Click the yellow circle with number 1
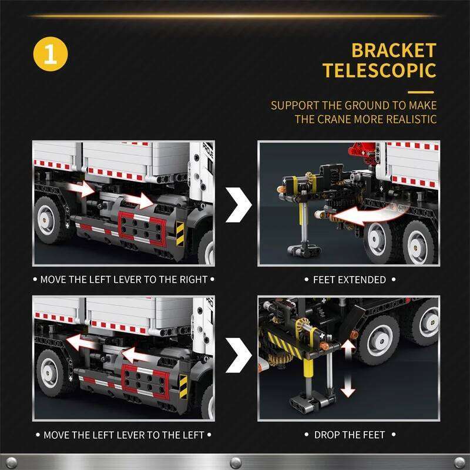pos(51,54)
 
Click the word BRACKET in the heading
pos(394,50)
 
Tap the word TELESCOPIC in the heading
pos(380,70)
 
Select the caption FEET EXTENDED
pos(350,280)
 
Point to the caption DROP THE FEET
pos(350,435)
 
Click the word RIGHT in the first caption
pos(193,280)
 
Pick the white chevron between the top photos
pos(239,205)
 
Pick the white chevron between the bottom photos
pos(239,355)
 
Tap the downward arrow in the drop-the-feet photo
pos(348,385)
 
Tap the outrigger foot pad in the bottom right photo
pos(313,402)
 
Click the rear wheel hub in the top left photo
pos(46,220)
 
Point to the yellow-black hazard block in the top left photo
pos(180,234)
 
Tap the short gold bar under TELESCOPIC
pos(421,92)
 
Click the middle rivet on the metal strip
pos(236,462)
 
